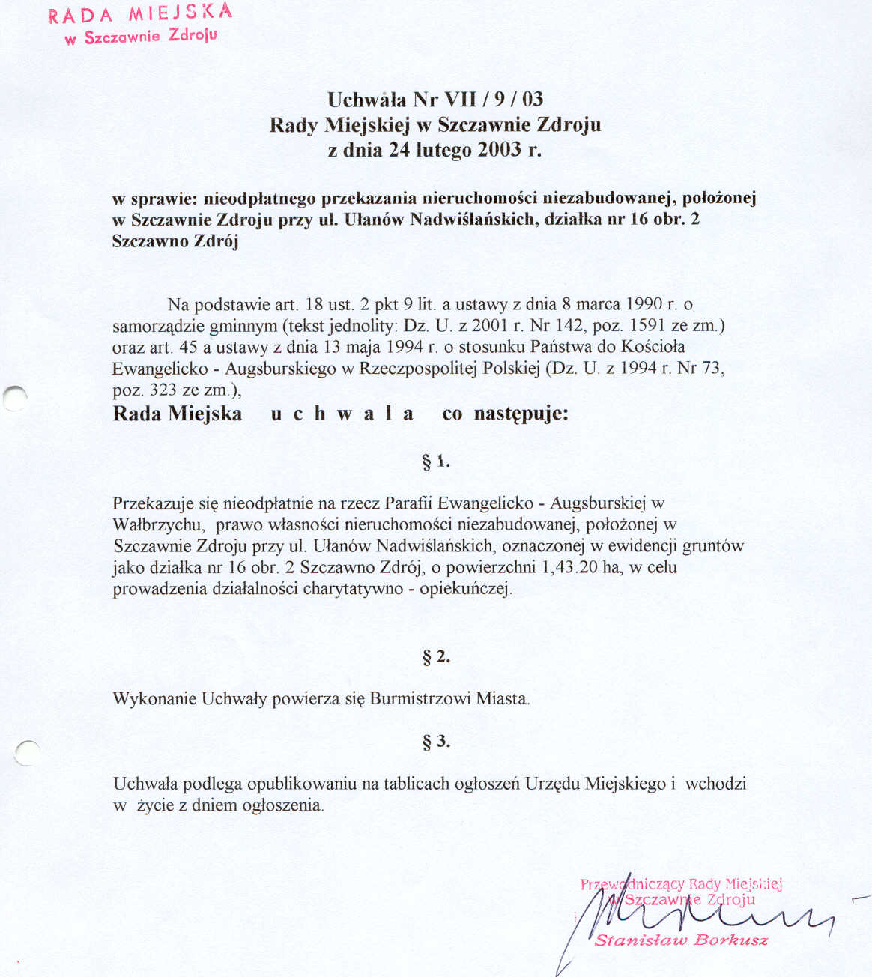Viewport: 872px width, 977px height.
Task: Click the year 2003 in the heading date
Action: [500, 149]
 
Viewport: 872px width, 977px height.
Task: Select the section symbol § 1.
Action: [435, 462]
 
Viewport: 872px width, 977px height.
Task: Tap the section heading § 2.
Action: [436, 657]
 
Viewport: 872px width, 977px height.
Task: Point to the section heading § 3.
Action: [436, 742]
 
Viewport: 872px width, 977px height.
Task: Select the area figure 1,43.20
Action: [569, 567]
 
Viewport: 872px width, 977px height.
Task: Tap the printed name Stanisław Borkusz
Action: [680, 940]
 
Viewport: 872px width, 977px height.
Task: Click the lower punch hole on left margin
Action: [26, 751]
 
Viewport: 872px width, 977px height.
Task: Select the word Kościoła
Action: [655, 347]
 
